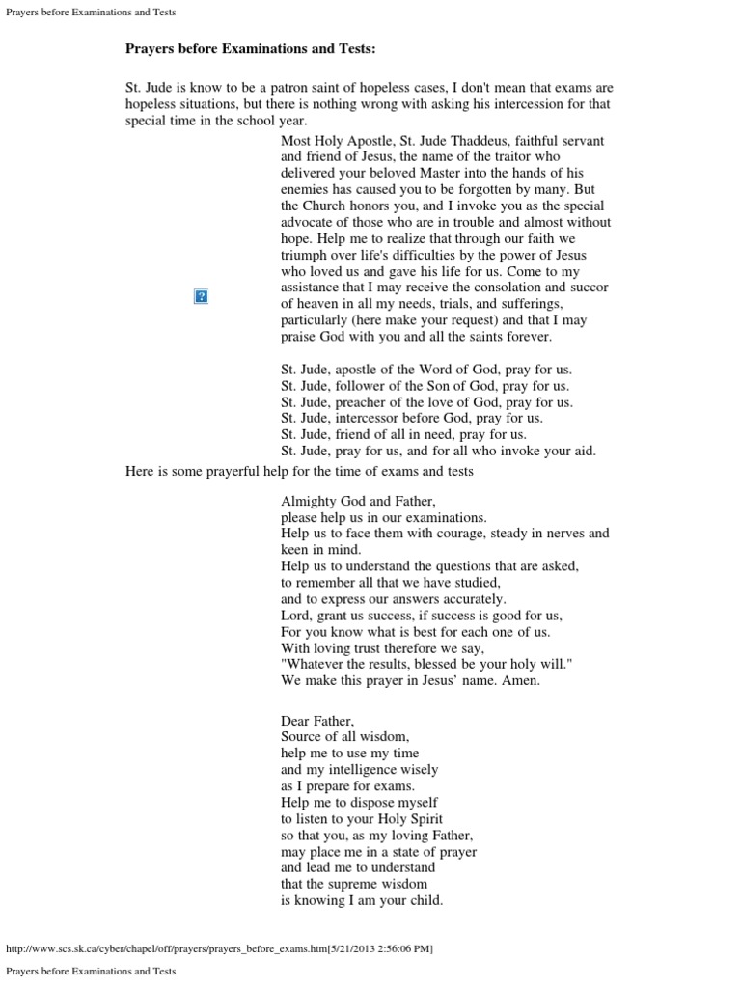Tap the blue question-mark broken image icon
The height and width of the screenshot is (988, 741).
coord(202,296)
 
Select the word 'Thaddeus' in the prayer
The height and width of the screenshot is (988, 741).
coord(478,140)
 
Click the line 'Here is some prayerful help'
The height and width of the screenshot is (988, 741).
coord(299,471)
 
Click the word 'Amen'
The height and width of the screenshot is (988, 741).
coord(523,680)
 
